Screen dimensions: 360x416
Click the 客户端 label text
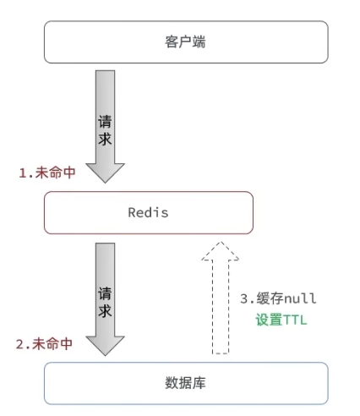click(185, 42)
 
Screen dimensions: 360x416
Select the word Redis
click(148, 212)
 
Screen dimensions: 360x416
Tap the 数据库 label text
click(185, 383)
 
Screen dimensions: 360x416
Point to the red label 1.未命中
click(47, 172)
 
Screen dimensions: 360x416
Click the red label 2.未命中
click(44, 344)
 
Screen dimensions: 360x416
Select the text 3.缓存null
click(278, 298)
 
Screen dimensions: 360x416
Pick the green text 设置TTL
click(281, 320)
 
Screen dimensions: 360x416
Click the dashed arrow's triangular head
click(221, 251)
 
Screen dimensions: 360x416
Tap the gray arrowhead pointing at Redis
click(105, 172)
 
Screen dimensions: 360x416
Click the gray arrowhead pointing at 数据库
click(105, 346)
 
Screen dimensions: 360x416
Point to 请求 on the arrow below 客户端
click(105, 130)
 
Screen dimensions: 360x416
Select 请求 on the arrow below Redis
click(105, 302)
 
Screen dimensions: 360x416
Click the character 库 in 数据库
click(199, 383)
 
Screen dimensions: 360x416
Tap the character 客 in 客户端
click(172, 42)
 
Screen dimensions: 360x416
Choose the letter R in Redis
click(132, 212)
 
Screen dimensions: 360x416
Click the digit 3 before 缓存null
click(244, 298)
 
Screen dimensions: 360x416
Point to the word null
click(301, 298)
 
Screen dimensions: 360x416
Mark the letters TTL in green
click(295, 320)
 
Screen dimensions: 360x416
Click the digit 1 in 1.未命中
click(23, 172)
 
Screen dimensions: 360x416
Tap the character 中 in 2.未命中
click(66, 344)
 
